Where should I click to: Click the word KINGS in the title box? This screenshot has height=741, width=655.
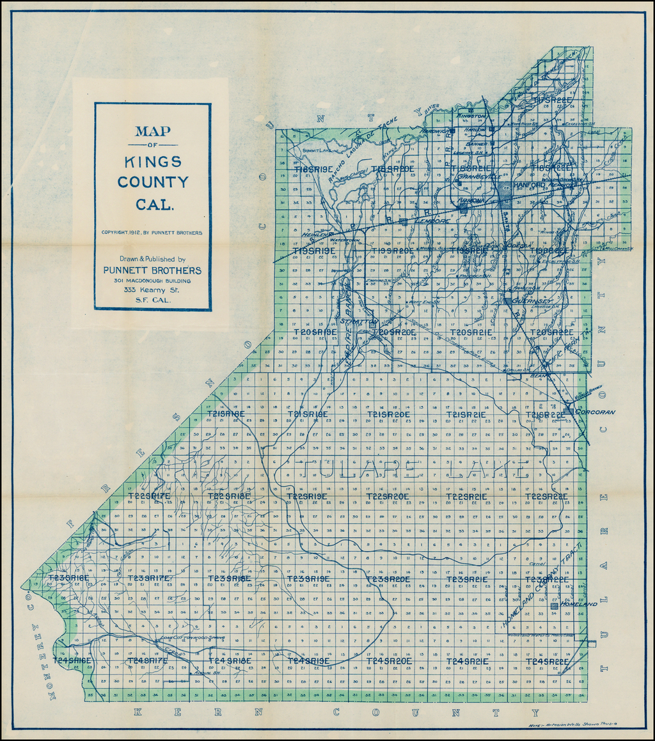coord(153,162)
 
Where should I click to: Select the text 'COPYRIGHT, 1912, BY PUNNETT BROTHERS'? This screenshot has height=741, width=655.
coord(152,233)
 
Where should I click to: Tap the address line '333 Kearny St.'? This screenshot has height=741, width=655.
coord(152,290)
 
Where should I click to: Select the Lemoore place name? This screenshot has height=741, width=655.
coord(432,221)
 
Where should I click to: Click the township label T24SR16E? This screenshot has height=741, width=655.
coord(73,660)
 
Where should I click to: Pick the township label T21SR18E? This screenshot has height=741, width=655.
coord(226,414)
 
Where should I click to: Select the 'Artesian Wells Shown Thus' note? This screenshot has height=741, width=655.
coord(576,725)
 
